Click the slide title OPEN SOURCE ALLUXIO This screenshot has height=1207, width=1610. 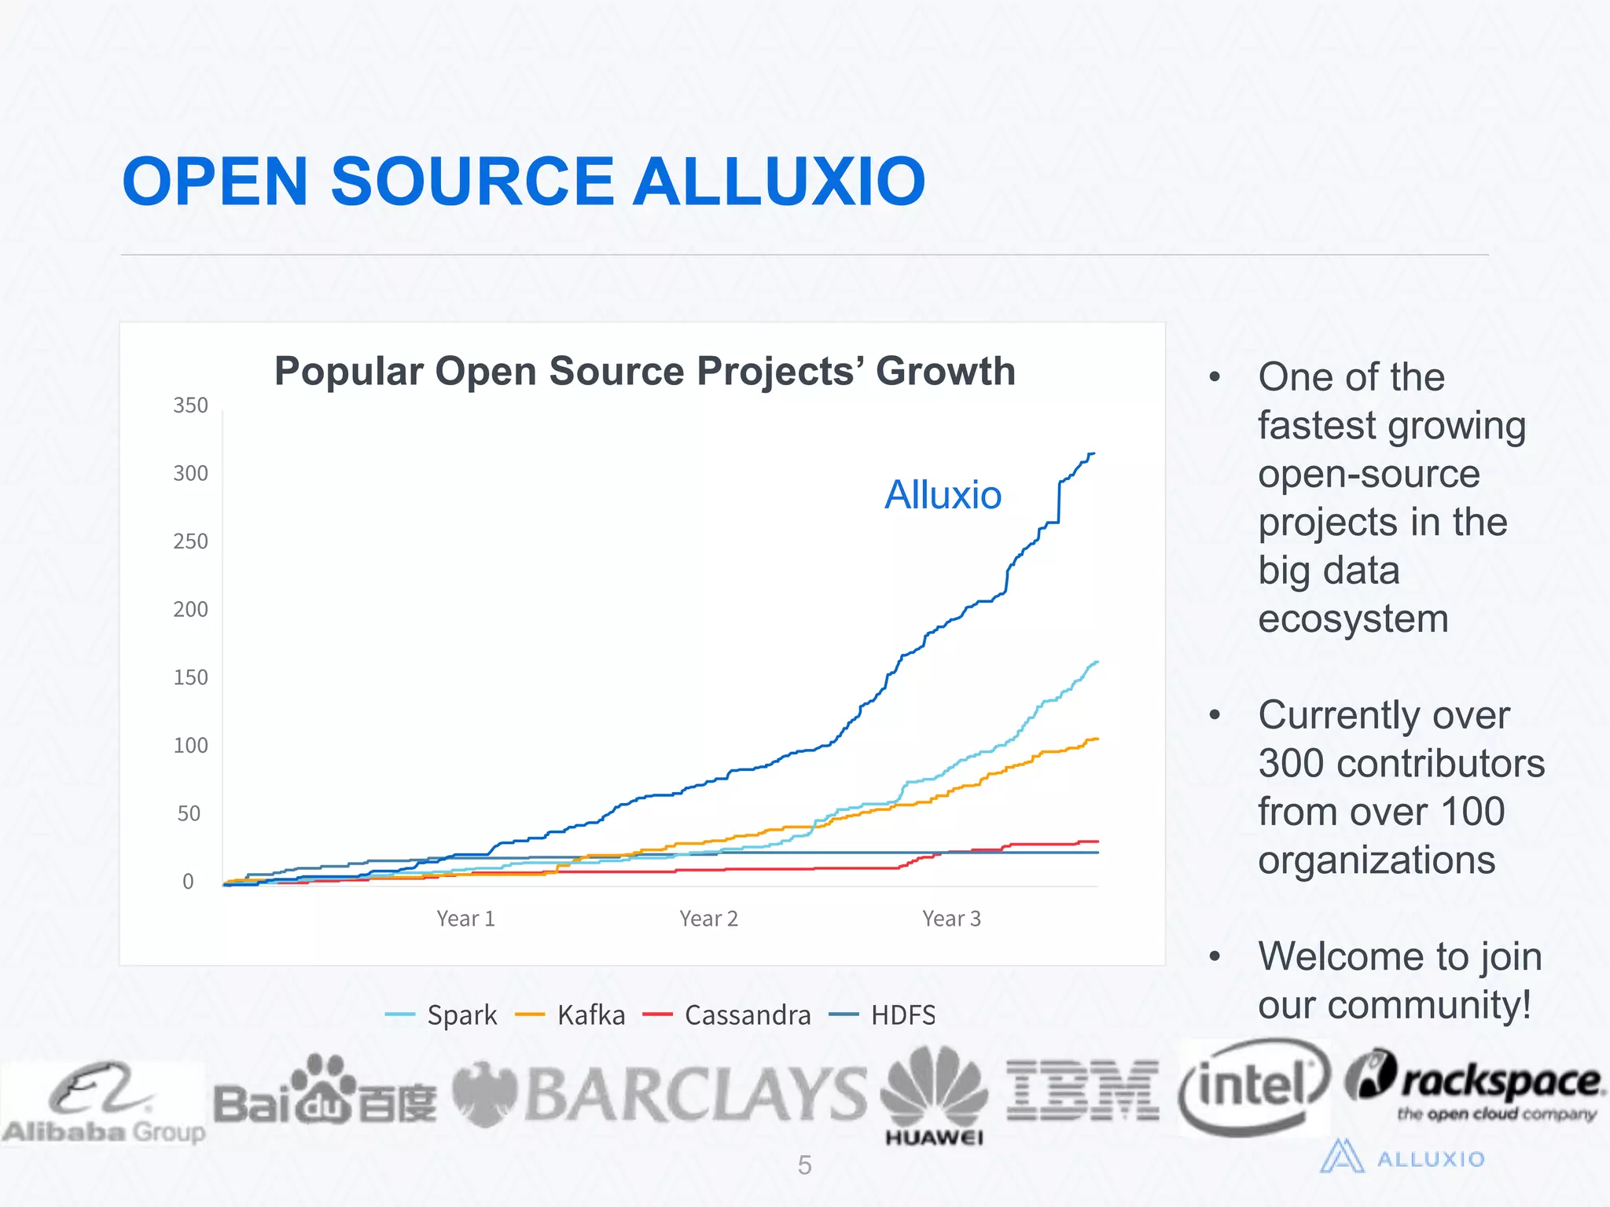(524, 182)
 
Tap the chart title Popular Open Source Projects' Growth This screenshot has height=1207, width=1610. (645, 371)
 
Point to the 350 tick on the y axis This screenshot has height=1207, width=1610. (190, 405)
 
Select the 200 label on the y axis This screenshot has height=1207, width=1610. (190, 609)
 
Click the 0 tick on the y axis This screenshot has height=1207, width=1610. (188, 882)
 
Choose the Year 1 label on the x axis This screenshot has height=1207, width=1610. (465, 919)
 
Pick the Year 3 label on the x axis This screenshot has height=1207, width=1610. (951, 919)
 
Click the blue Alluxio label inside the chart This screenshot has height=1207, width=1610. (943, 495)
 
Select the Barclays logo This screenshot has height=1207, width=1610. (659, 1094)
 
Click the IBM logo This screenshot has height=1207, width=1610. (1083, 1091)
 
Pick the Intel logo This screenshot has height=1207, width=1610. (1253, 1088)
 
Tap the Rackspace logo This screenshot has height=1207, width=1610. (1475, 1084)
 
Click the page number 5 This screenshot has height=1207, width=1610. (804, 1165)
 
